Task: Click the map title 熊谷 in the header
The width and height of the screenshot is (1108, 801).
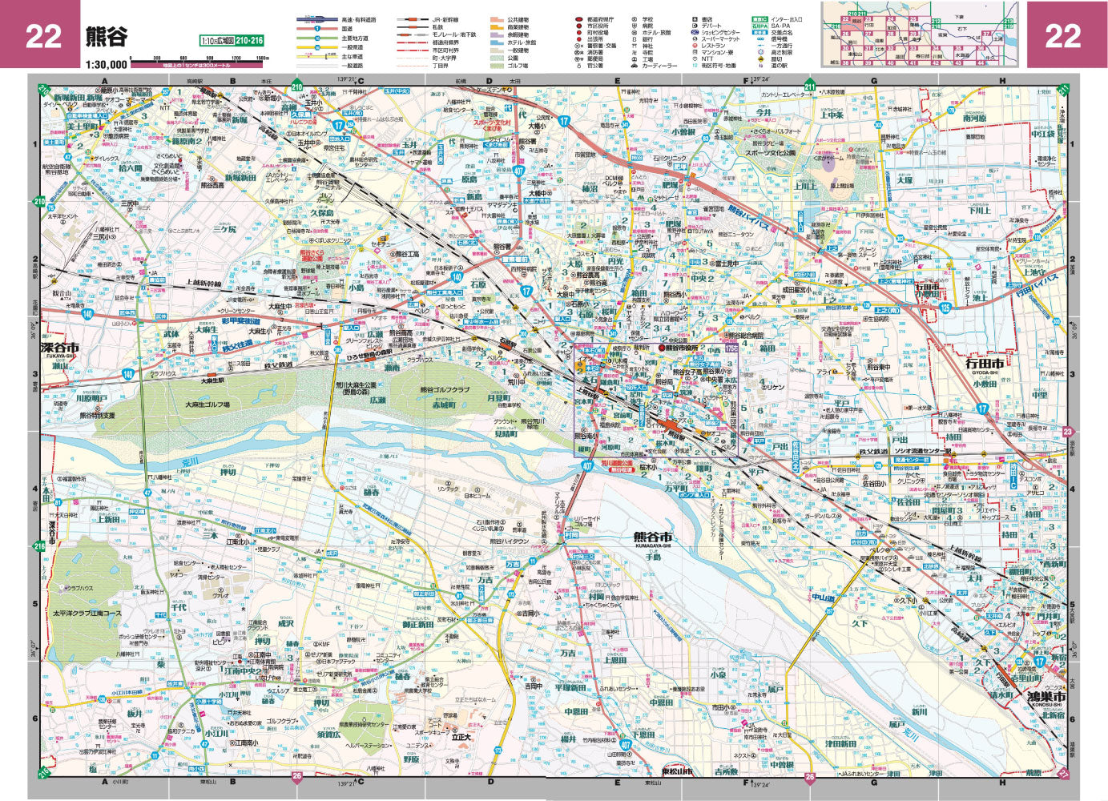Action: point(106,35)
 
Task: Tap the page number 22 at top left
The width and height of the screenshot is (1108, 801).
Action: point(43,36)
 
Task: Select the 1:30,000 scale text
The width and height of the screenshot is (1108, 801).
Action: point(106,64)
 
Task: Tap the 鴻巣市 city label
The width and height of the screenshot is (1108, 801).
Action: point(1047,698)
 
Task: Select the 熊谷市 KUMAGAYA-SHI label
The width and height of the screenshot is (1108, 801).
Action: point(652,537)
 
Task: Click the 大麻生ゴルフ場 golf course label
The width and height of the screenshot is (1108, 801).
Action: point(207,405)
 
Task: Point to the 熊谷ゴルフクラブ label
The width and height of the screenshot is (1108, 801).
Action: point(445,390)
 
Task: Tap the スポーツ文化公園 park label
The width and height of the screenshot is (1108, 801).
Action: point(770,152)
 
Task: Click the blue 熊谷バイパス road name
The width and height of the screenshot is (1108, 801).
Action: point(748,219)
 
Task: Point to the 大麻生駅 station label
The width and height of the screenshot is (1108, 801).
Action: point(212,380)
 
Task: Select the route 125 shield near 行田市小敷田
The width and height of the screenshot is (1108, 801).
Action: point(945,308)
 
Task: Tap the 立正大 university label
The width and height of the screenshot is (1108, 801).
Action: point(461,735)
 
